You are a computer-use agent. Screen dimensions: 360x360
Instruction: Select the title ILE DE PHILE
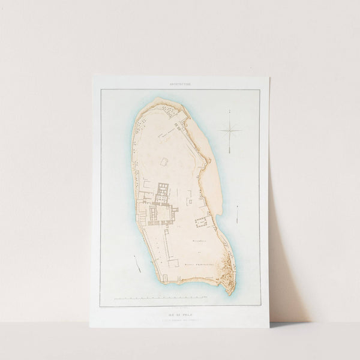click(x=179, y=303)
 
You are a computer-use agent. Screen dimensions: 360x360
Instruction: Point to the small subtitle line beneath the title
click(x=179, y=309)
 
